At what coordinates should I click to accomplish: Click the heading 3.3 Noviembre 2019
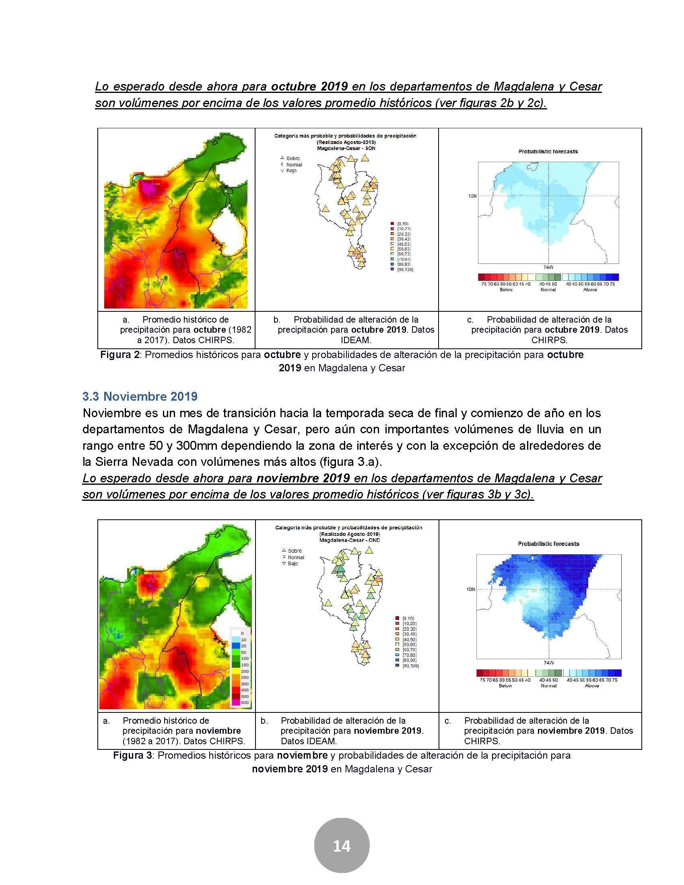coord(140,396)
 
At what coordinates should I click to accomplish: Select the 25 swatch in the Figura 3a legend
coord(235,646)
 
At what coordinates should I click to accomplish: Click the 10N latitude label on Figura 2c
coord(472,196)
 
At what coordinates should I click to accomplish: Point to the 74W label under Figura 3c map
coord(548,663)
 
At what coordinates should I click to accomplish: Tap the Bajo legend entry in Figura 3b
coord(293,564)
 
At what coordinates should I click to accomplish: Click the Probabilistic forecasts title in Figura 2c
coord(548,152)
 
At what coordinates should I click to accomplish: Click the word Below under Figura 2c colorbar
coord(506,290)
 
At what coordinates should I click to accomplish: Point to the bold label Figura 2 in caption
coord(120,354)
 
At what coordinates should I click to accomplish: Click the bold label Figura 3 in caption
coord(132,755)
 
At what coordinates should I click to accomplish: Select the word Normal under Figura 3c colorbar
coord(549,685)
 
